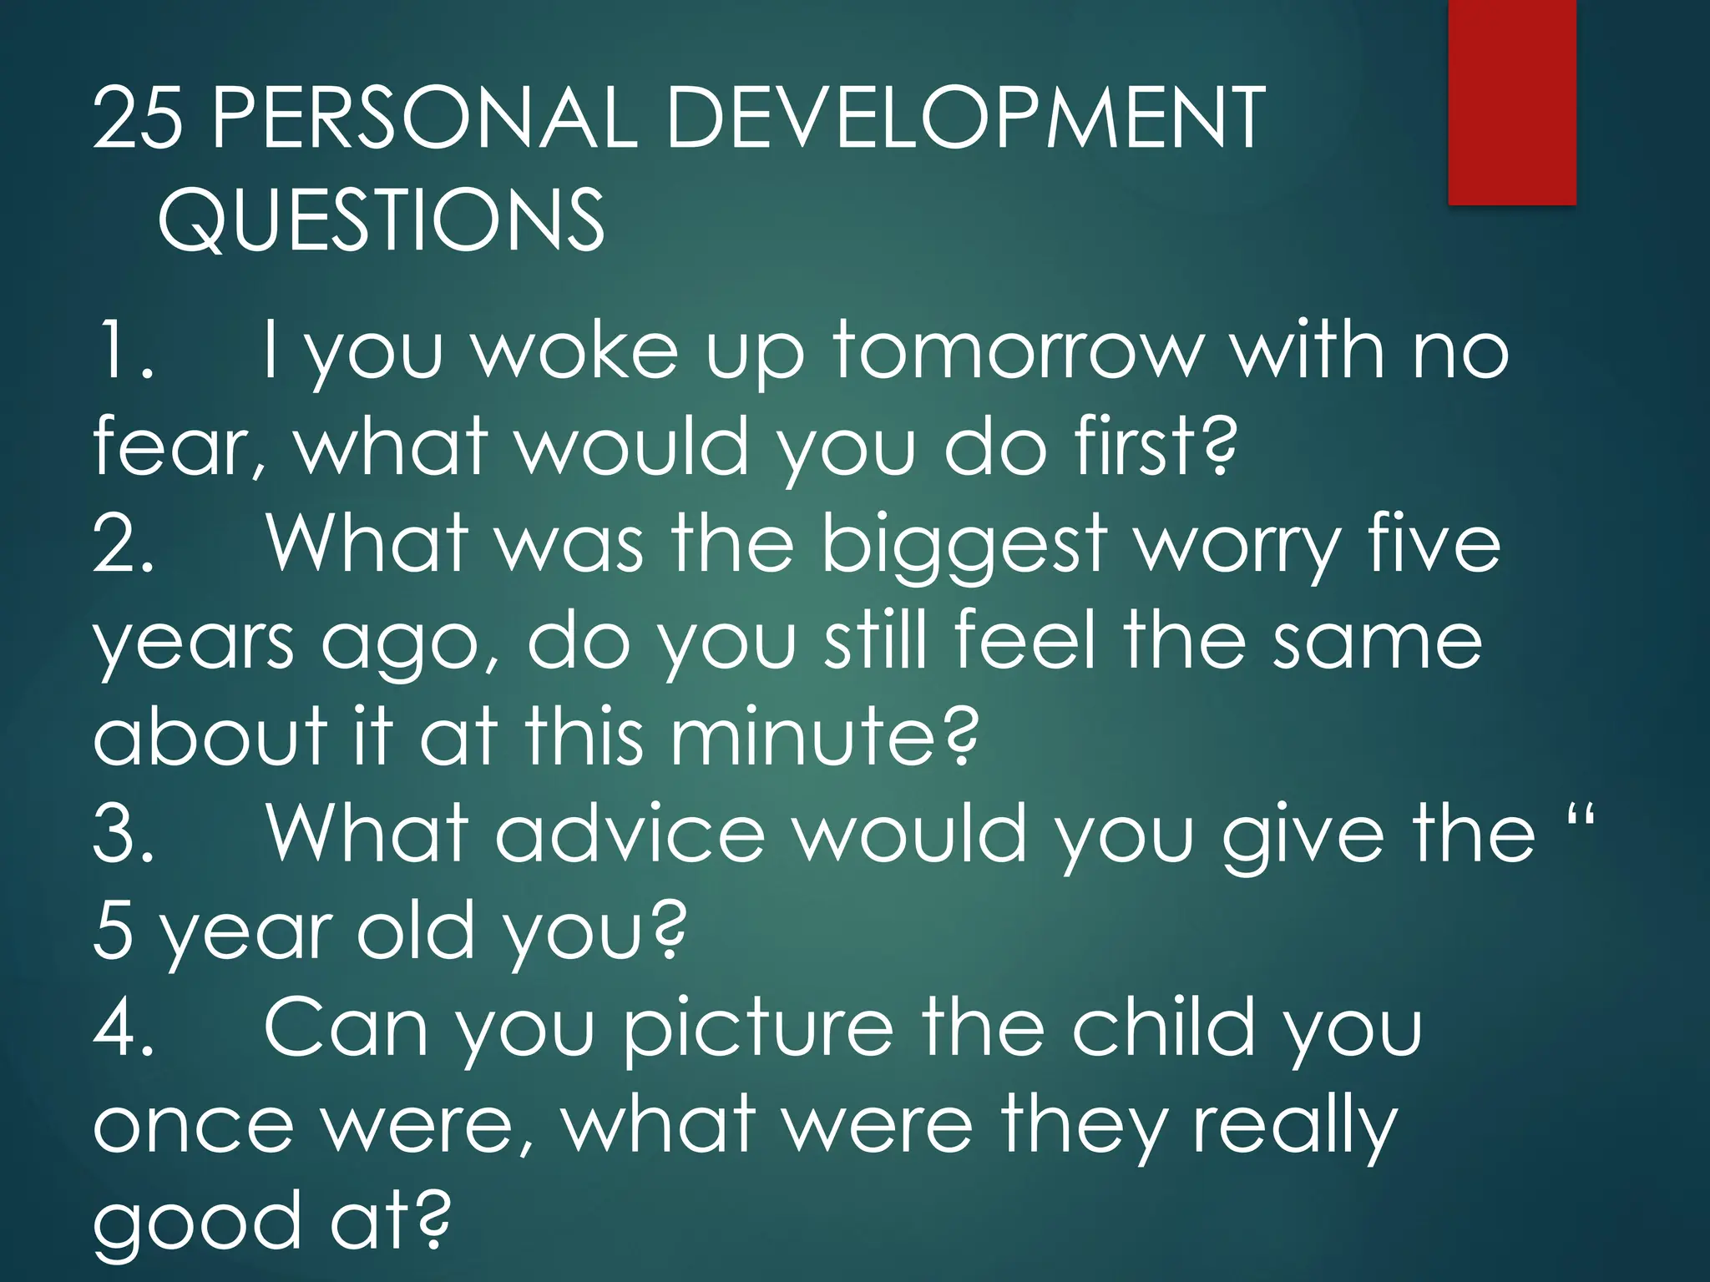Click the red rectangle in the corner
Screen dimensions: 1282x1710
[1511, 102]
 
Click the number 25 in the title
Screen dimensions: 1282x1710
[138, 119]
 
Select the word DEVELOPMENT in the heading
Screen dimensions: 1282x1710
[964, 119]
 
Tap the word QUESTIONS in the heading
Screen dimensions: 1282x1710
[381, 220]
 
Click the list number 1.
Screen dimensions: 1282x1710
[123, 351]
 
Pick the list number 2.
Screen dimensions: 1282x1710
[123, 544]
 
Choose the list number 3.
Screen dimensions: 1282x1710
[123, 834]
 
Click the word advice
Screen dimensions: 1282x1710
[630, 834]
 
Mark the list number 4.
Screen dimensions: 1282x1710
[123, 1027]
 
